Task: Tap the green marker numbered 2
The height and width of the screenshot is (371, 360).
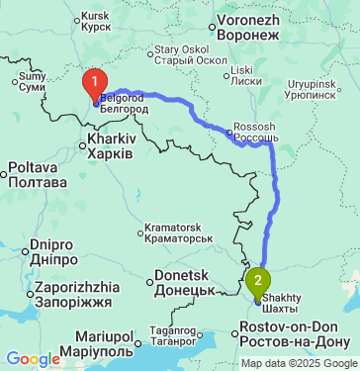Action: coord(259,281)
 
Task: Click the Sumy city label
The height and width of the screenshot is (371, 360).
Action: coord(33,76)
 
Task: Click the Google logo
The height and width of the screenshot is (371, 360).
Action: coord(33,358)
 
